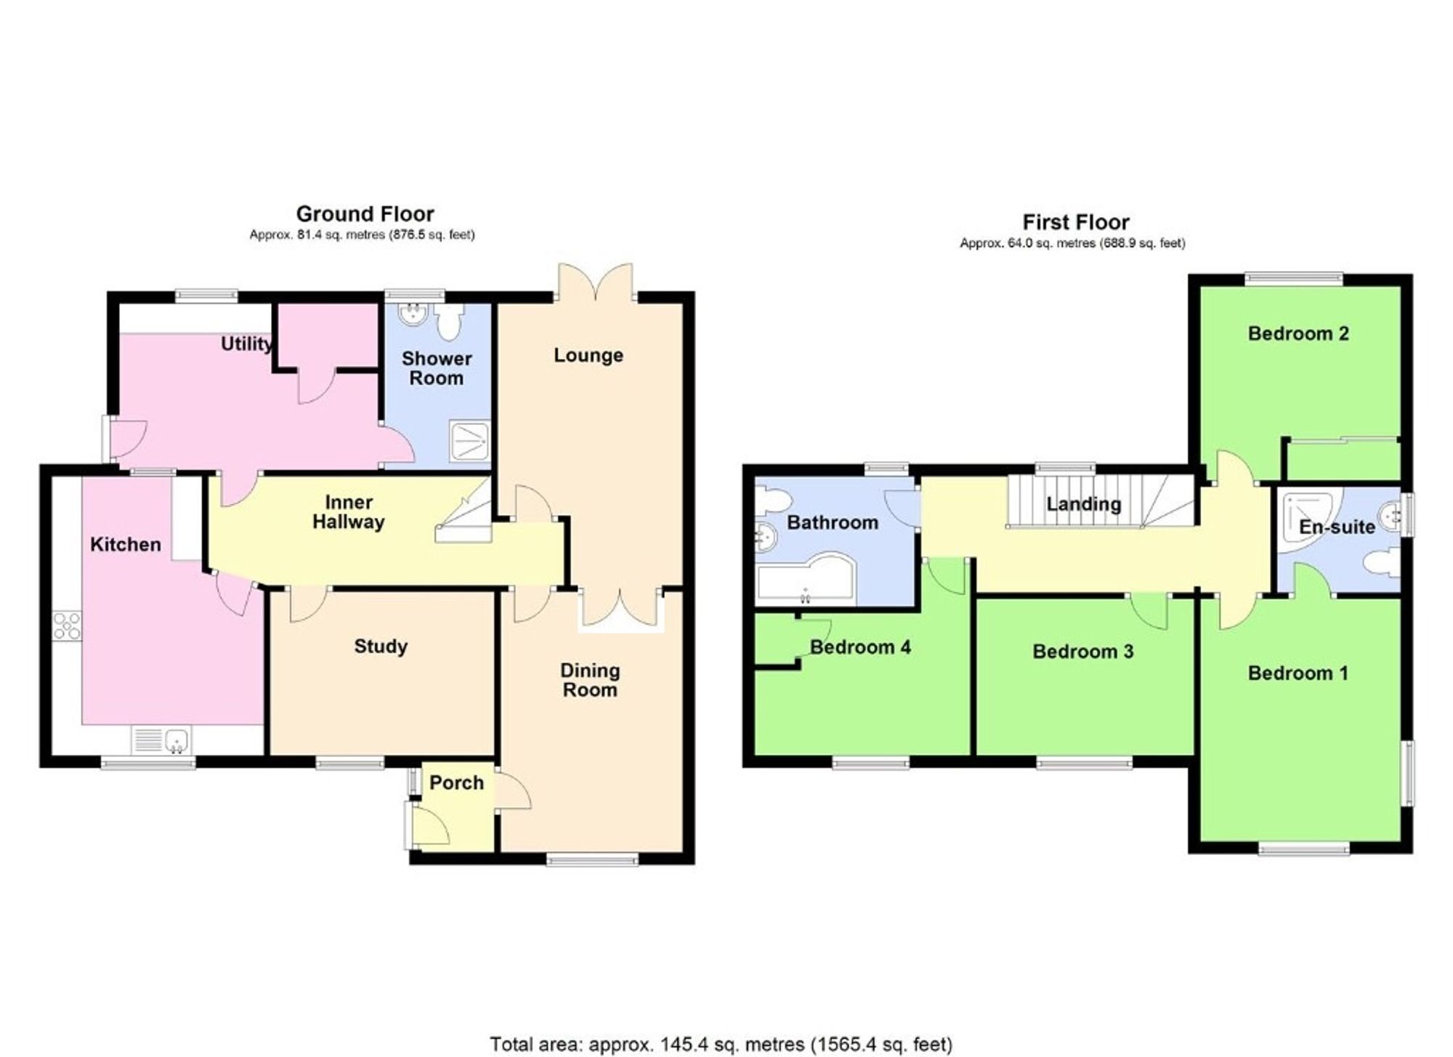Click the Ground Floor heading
(365, 214)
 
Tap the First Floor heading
(1075, 222)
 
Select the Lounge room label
(588, 355)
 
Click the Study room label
(380, 646)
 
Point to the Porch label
(456, 782)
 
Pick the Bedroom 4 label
(859, 647)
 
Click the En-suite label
(1336, 527)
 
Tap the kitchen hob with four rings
(67, 626)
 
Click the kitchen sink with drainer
(162, 740)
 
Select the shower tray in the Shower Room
(469, 440)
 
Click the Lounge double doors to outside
(595, 283)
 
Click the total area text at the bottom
(720, 1044)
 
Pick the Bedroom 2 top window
(1293, 277)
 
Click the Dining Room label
(589, 680)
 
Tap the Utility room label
(246, 344)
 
